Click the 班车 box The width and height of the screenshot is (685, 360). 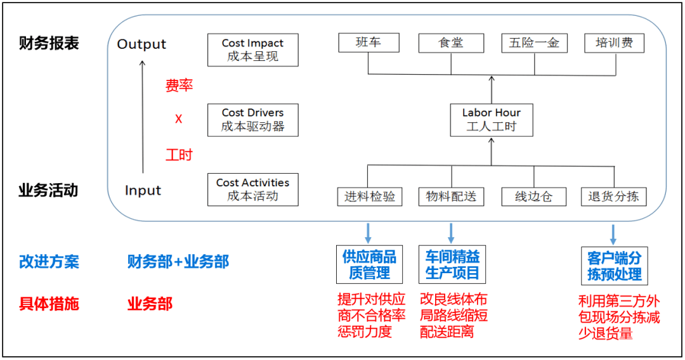click(369, 43)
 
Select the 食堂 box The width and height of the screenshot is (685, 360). click(451, 43)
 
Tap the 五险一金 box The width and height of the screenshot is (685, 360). click(534, 43)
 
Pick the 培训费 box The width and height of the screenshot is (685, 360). click(614, 43)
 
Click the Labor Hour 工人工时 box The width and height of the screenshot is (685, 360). click(492, 119)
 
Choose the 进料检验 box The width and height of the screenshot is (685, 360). click(370, 196)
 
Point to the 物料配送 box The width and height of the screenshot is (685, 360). click(451, 196)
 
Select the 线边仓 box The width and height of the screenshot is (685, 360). click(533, 196)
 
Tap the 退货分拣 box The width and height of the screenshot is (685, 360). click(613, 196)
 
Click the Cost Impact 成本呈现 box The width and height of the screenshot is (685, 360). click(252, 50)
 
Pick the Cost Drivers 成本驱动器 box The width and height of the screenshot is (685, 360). click(252, 120)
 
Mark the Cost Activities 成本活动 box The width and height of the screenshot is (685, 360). click(252, 190)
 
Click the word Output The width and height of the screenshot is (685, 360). click(141, 44)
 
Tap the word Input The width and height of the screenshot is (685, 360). click(143, 191)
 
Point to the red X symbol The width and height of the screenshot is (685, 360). click(179, 119)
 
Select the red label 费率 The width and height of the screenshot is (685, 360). click(179, 86)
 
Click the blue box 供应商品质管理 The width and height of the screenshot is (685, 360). click(369, 265)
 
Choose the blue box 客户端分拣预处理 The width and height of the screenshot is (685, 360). click(613, 266)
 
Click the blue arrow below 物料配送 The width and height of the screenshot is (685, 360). click(451, 233)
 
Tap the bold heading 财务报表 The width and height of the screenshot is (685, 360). click(49, 44)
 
